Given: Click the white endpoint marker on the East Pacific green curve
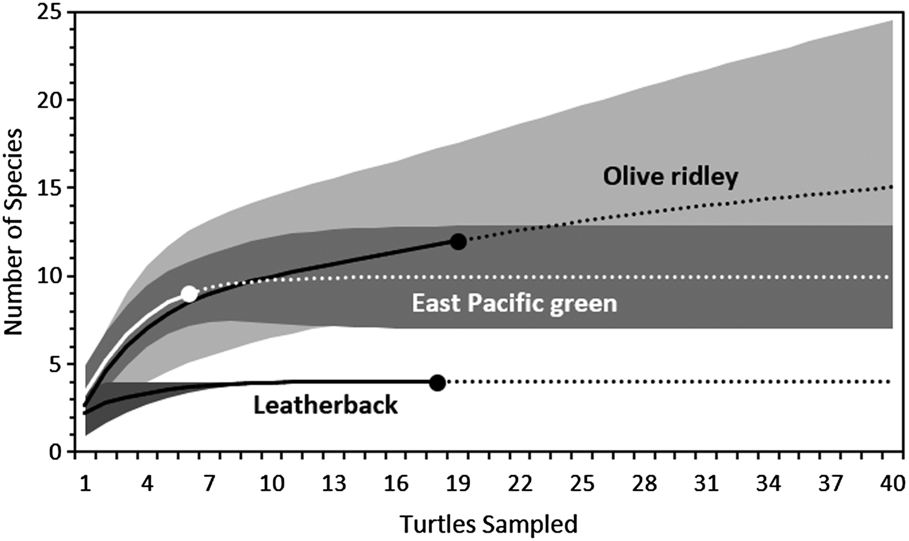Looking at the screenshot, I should click(x=188, y=294).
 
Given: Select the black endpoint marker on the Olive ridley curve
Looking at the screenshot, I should click(x=458, y=242).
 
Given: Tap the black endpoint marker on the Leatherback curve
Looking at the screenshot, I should click(x=438, y=383).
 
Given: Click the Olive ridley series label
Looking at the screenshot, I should click(x=670, y=177).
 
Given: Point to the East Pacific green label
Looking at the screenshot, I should click(x=514, y=303).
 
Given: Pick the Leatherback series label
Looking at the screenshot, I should click(x=325, y=406).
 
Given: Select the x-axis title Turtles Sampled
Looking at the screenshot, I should click(x=488, y=523).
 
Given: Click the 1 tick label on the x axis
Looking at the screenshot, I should click(x=84, y=484).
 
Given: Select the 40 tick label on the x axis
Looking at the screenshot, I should click(x=893, y=484).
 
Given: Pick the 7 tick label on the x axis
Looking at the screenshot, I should click(x=209, y=484).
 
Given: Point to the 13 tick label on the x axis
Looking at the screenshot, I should click(x=334, y=484).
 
